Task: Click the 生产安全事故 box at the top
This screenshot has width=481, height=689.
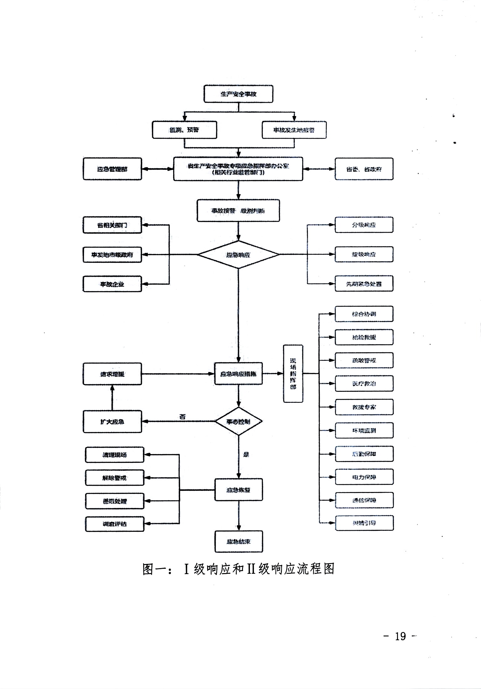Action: point(238,94)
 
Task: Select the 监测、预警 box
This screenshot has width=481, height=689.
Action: point(184,130)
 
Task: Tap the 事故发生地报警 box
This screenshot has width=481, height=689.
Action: point(294,130)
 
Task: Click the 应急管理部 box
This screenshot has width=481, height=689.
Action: point(112,169)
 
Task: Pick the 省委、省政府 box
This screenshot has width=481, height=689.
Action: point(364,169)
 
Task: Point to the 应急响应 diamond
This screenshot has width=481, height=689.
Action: point(238,255)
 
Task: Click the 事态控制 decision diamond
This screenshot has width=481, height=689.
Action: point(238,422)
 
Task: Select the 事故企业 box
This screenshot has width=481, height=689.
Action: point(112,284)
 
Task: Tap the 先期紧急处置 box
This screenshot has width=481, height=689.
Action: point(364,284)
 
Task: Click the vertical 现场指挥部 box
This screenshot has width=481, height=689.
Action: point(293,374)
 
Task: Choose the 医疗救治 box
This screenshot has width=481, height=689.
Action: point(364,384)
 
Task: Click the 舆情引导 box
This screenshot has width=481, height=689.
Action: point(364,523)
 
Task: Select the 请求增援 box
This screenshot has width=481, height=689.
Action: point(112,374)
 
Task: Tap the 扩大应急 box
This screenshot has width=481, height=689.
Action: point(112,422)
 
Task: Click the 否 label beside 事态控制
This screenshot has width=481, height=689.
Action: point(183,417)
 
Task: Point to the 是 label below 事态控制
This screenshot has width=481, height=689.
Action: point(246,454)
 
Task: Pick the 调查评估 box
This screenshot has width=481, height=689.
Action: point(115,524)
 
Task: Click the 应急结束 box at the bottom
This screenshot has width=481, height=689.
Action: point(239,541)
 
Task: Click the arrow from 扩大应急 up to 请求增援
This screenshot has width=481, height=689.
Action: point(112,398)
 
